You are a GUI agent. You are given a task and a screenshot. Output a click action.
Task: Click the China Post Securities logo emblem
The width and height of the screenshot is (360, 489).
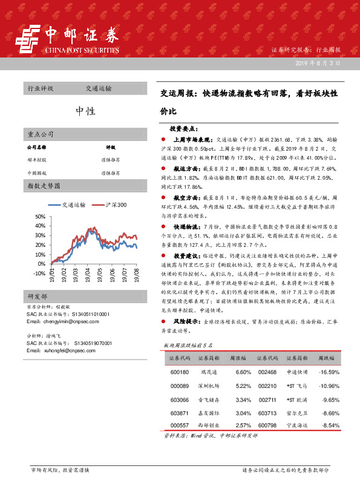point(28,39)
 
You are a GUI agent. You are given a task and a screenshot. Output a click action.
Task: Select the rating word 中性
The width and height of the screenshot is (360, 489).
point(85,111)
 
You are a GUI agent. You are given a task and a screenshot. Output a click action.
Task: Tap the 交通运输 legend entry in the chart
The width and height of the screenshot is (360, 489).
point(74,205)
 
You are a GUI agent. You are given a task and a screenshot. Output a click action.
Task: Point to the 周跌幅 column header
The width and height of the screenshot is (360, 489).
point(327,358)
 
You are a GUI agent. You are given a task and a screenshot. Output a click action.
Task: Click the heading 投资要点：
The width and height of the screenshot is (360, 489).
point(182,128)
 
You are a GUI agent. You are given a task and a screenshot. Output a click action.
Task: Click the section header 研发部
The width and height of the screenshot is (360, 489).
point(38,296)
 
